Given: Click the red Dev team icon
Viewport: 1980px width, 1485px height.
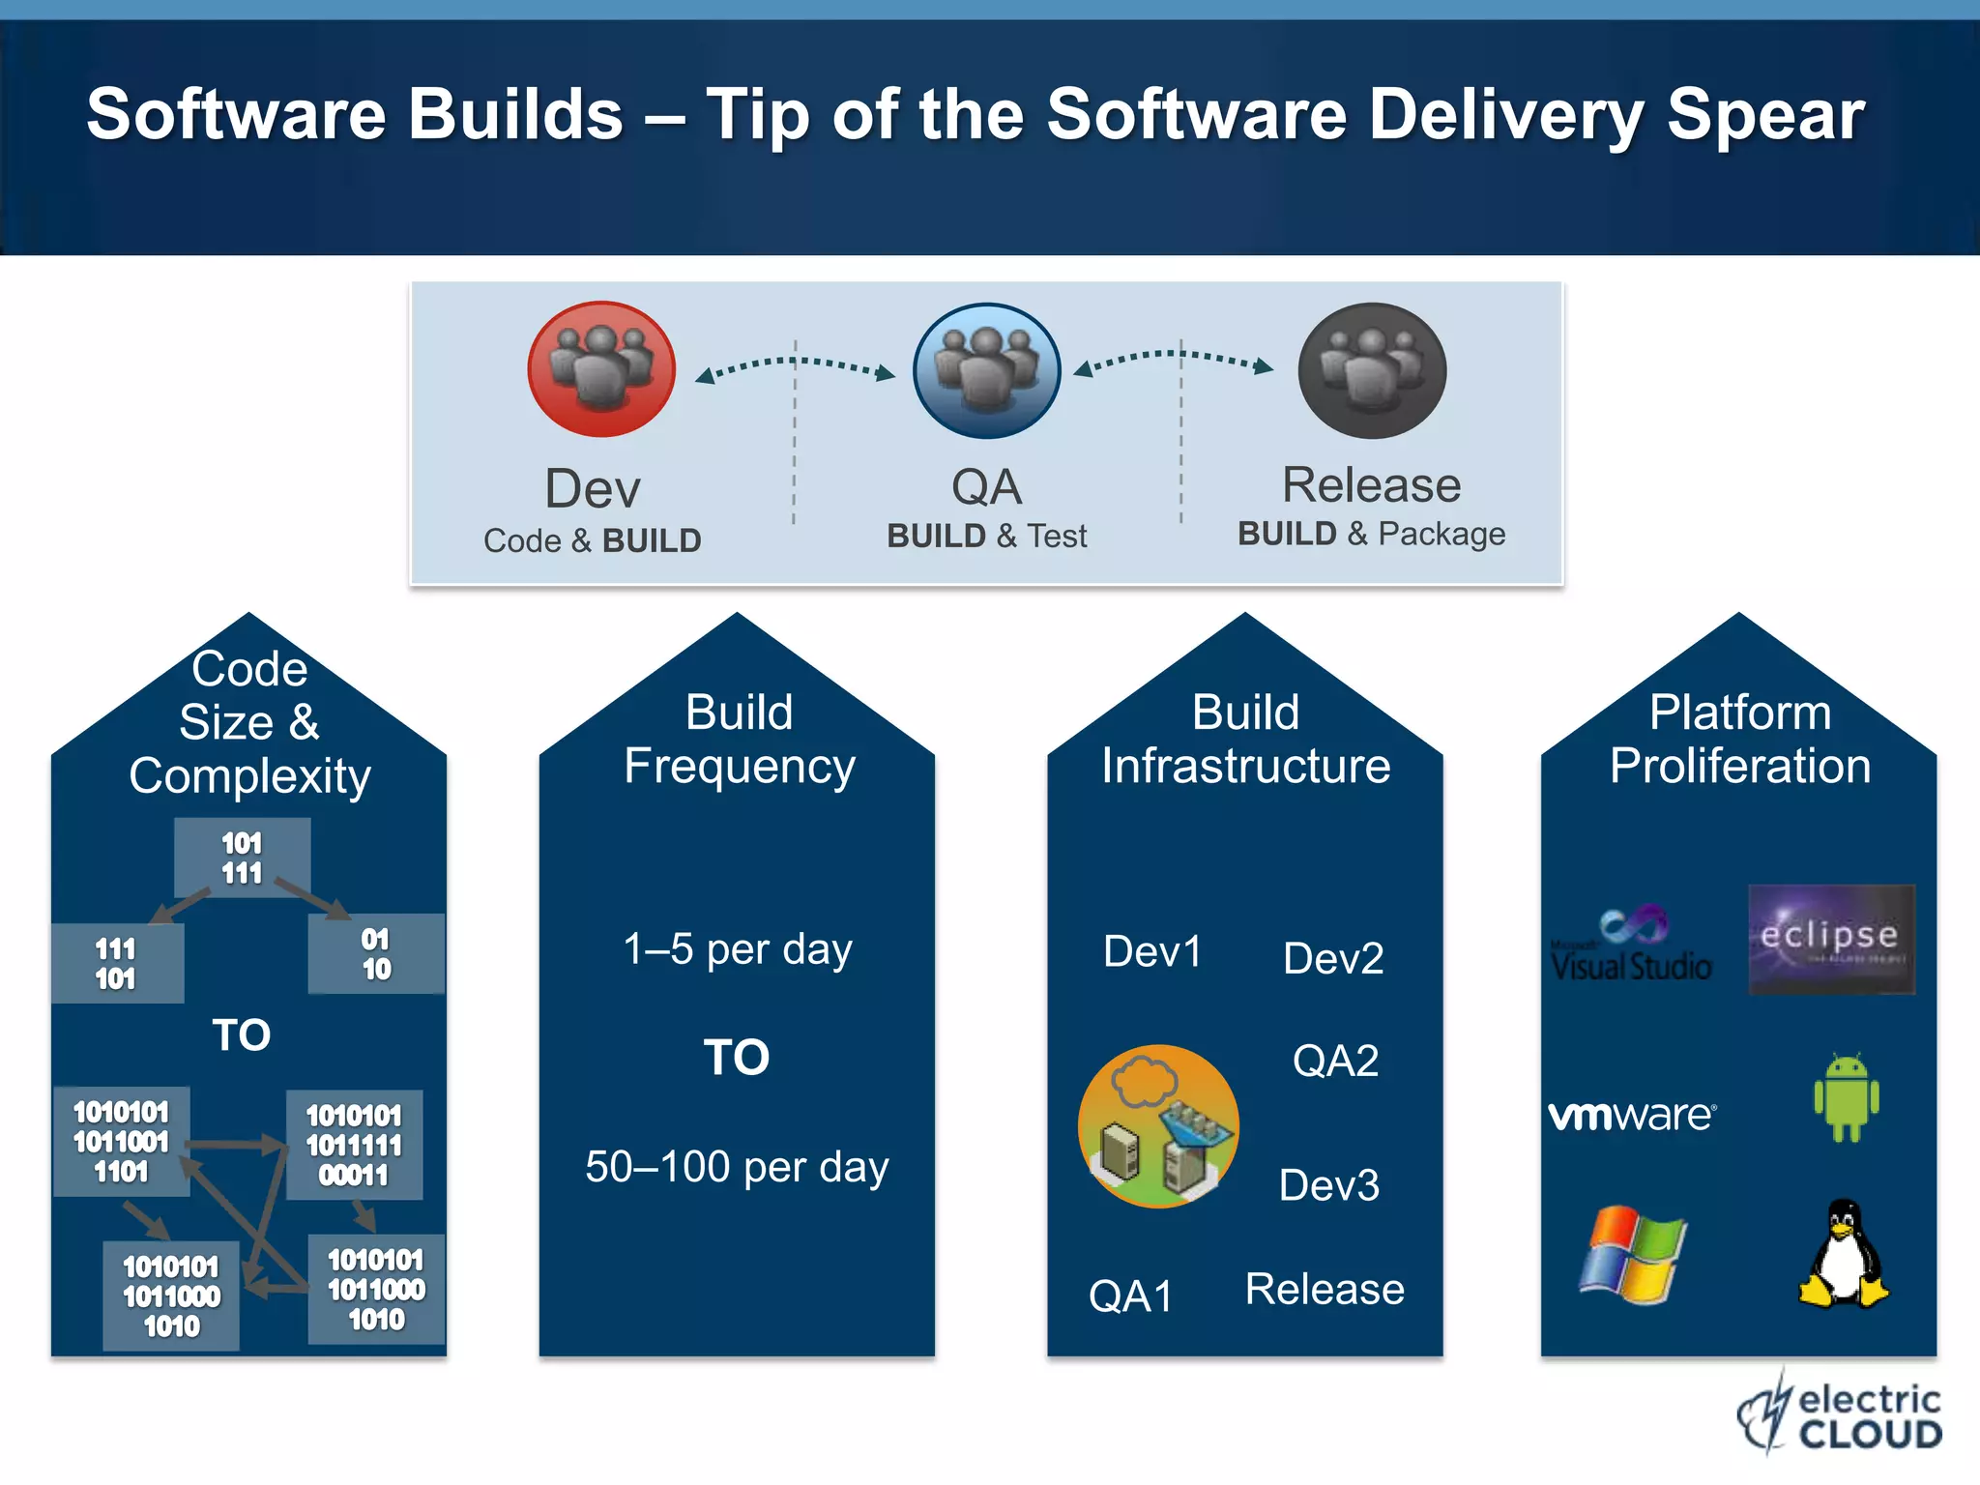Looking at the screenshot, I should point(601,369).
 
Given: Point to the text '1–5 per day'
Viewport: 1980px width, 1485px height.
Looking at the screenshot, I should point(738,949).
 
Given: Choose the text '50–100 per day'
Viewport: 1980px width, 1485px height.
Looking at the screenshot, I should point(737,1167).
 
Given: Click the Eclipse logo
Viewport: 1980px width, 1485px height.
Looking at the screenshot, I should point(1831,939).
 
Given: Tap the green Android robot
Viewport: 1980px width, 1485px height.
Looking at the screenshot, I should point(1847,1098).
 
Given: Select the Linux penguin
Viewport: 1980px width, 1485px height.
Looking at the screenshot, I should point(1844,1255).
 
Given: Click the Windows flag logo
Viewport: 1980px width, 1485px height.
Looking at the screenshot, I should point(1633,1255).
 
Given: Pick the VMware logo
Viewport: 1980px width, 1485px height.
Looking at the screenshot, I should point(1633,1115).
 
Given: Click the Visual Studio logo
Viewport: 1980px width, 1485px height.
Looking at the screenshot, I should point(1632,946).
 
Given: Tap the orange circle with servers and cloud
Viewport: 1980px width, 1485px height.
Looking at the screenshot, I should point(1158,1126).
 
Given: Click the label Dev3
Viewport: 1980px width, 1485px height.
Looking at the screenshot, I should point(1329,1185).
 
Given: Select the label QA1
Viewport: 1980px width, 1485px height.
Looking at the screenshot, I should point(1130,1296).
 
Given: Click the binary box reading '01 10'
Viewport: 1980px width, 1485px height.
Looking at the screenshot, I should point(376,954).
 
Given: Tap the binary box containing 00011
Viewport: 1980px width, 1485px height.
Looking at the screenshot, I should point(354,1146).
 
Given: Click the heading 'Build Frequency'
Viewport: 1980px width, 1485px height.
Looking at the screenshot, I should point(739,740).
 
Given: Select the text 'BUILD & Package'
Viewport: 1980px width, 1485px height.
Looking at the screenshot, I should point(1371,534).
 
